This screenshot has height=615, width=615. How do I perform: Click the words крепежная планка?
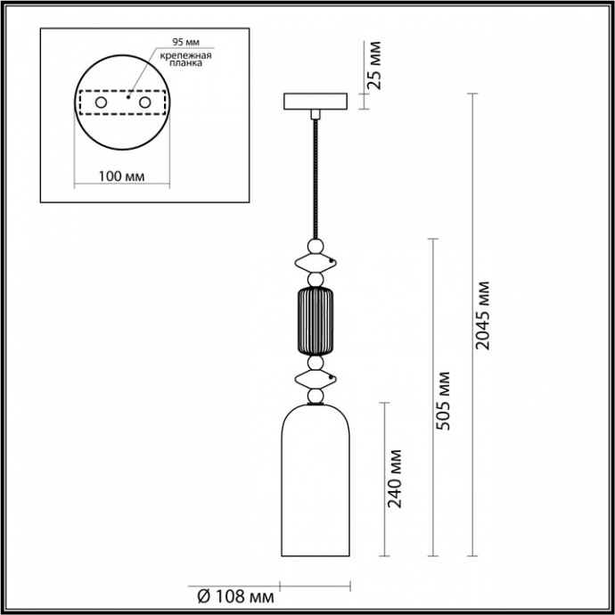[x=185, y=60]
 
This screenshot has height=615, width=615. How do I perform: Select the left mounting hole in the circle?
[x=101, y=104]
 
